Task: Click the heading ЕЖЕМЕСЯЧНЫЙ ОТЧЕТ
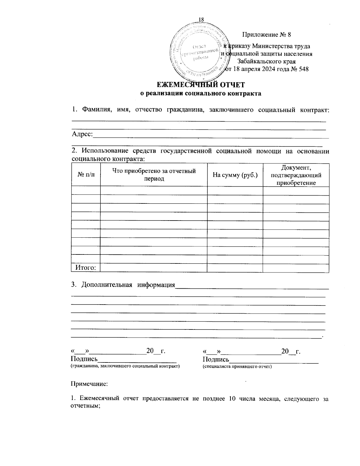pyautogui.click(x=201, y=85)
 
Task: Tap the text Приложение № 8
pyautogui.click(x=266, y=35)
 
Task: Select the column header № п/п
pyautogui.click(x=86, y=175)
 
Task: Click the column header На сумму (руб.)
pyautogui.click(x=235, y=175)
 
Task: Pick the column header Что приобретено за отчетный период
pyautogui.click(x=154, y=175)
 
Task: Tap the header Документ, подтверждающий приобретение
pyautogui.click(x=296, y=175)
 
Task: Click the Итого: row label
pyautogui.click(x=85, y=268)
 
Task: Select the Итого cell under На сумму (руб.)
pyautogui.click(x=235, y=268)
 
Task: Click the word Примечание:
pyautogui.click(x=89, y=383)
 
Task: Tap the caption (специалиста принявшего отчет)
pyautogui.click(x=237, y=366)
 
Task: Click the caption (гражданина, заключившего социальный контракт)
pyautogui.click(x=125, y=366)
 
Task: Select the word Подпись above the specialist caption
pyautogui.click(x=216, y=359)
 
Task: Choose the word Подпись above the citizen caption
pyautogui.click(x=84, y=359)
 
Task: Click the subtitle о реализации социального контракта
pyautogui.click(x=201, y=93)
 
